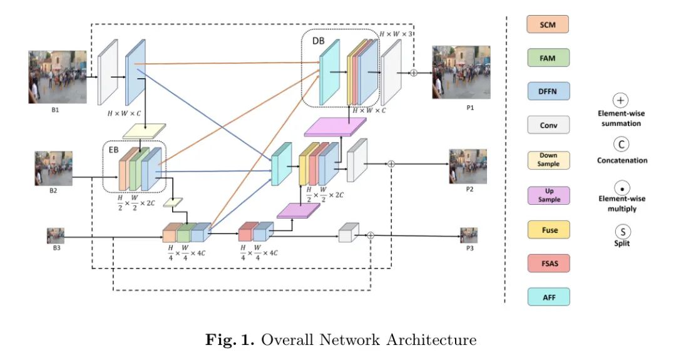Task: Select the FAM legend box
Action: click(548, 58)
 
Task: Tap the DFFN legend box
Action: click(548, 92)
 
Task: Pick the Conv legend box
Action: click(548, 126)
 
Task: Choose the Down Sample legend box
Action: click(548, 160)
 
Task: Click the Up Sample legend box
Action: click(548, 195)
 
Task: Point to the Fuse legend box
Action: click(548, 230)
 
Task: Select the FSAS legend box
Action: click(548, 264)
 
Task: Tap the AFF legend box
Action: click(548, 297)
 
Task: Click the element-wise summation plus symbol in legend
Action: click(621, 100)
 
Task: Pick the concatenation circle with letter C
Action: click(621, 145)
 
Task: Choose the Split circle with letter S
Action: click(621, 230)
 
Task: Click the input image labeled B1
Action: click(57, 76)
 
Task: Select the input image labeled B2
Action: click(53, 168)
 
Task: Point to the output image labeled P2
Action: click(468, 166)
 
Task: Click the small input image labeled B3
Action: click(56, 236)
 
